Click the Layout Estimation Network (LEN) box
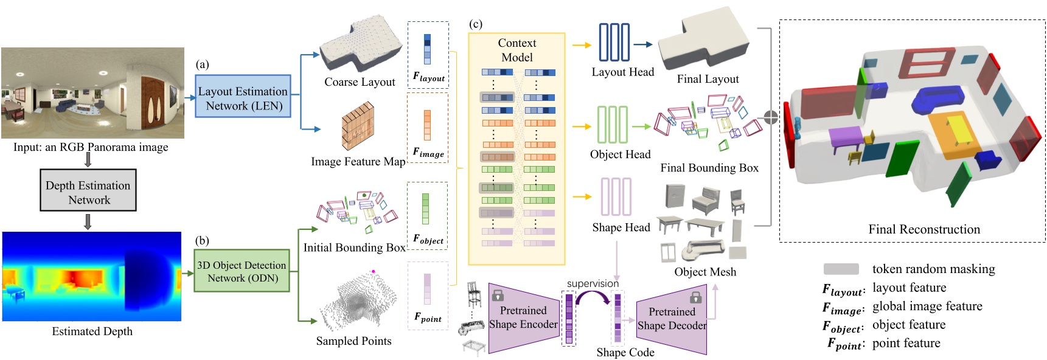243,97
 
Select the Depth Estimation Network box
88,192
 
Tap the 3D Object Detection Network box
242,271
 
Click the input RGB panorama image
92,93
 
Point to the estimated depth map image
92,276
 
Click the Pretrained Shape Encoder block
523,317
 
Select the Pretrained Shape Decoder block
672,319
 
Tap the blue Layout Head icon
614,42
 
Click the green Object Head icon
612,125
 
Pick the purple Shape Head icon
616,196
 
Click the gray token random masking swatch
841,269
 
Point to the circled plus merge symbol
771,117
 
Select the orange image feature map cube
358,126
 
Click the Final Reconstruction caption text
924,229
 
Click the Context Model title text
517,50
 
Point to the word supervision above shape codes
593,283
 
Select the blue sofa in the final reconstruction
937,98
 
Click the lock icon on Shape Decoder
696,297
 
